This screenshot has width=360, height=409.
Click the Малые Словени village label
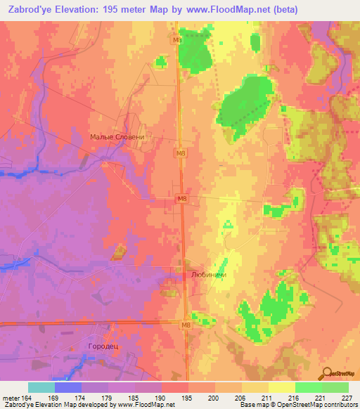click(x=117, y=138)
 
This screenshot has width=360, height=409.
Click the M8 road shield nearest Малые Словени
click(x=181, y=152)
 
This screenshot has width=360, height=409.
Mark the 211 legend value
click(x=268, y=397)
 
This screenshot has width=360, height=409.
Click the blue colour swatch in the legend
click(x=68, y=387)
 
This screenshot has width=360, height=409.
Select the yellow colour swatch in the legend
click(x=281, y=387)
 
